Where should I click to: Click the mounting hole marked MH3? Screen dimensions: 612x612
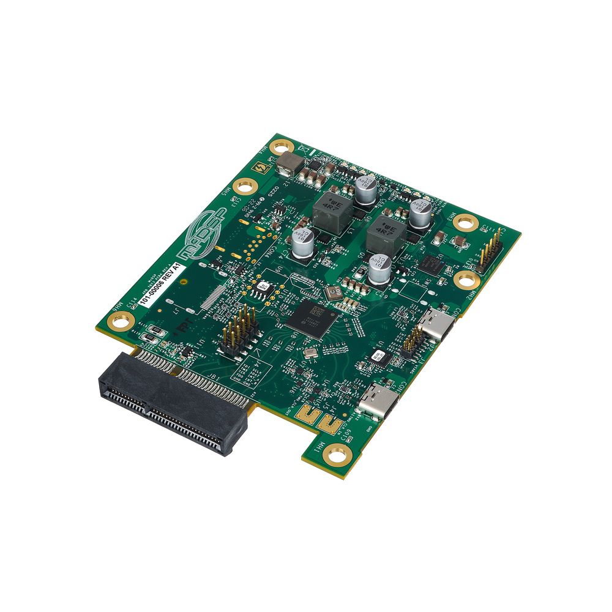[467, 222]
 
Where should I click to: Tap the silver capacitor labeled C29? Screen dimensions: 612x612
[379, 270]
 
